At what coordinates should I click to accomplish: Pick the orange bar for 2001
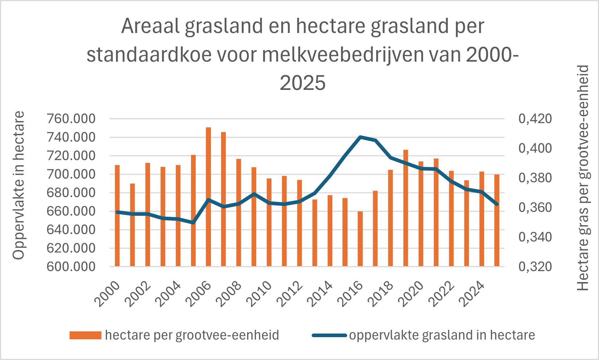click(132, 225)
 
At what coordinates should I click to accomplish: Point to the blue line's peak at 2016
click(360, 137)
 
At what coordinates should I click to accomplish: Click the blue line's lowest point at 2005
click(193, 223)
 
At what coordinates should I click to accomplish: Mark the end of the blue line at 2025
click(497, 204)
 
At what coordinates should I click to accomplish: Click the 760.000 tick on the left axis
click(71, 119)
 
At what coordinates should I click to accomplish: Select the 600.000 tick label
click(71, 266)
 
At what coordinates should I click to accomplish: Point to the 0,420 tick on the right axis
click(535, 119)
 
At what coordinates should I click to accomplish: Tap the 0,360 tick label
click(535, 207)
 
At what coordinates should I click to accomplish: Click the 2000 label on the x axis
click(107, 294)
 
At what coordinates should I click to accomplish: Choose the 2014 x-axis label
click(320, 294)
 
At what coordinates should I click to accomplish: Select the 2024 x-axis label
click(471, 294)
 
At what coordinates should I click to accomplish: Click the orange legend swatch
click(86, 335)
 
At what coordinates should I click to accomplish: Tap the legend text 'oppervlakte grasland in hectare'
click(442, 335)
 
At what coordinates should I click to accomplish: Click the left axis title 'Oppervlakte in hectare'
click(19, 185)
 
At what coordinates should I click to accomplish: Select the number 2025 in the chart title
click(303, 83)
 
